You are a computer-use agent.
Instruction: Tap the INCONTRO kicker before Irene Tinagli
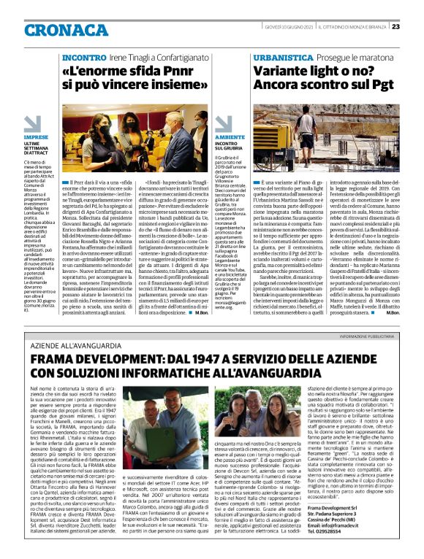[x=84, y=56]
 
